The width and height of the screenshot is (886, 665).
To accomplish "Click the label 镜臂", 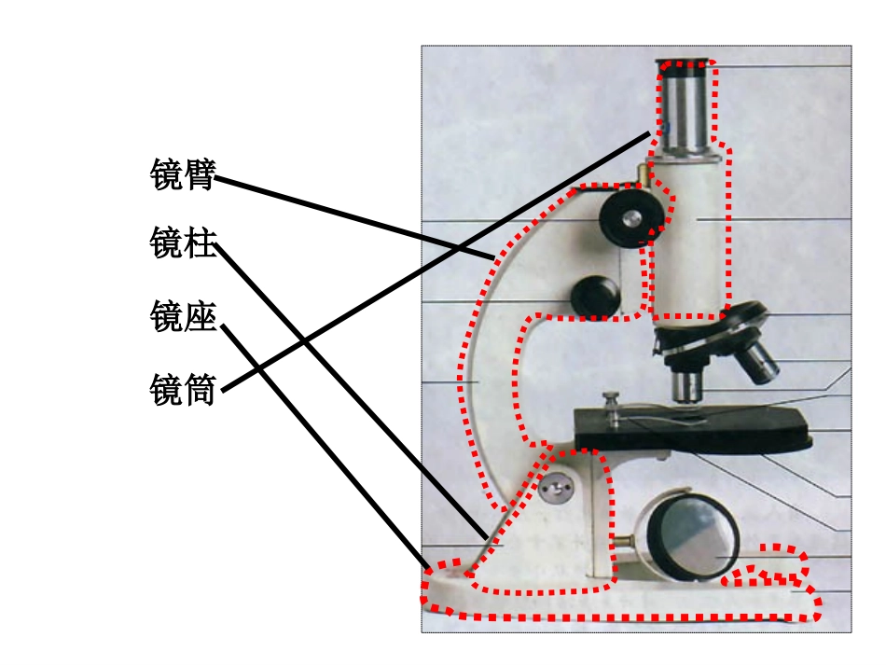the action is [x=183, y=174].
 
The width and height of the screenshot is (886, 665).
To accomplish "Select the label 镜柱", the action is [x=183, y=242].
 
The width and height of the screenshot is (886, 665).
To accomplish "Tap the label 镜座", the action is [x=183, y=315].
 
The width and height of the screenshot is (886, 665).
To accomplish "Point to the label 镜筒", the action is [x=183, y=389].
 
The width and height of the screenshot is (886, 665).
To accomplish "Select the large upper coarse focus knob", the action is [x=631, y=218].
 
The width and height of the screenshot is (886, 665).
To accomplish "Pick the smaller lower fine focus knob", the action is [x=595, y=296].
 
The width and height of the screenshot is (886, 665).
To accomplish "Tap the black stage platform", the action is [x=693, y=429].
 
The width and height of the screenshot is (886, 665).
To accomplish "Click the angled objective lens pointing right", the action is [x=758, y=362].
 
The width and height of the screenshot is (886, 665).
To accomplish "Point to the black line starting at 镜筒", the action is [x=436, y=261].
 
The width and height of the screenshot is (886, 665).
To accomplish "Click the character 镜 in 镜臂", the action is [x=166, y=174].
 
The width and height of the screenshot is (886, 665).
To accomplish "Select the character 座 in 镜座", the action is [x=200, y=315].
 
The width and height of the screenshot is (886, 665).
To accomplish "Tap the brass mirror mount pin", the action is [x=623, y=541].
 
